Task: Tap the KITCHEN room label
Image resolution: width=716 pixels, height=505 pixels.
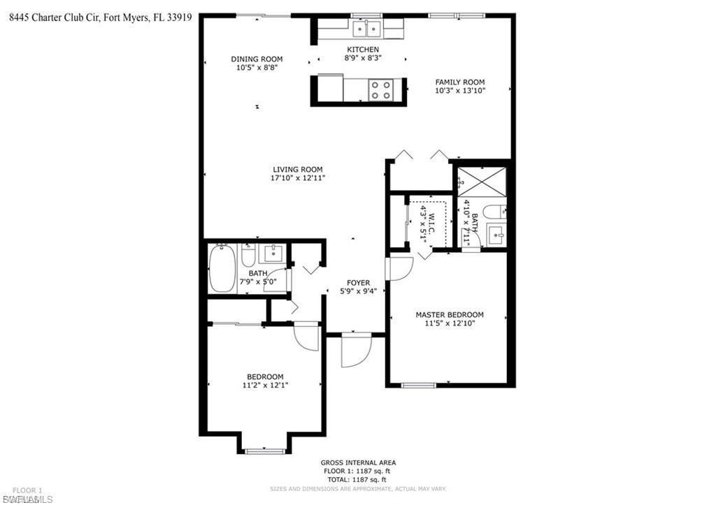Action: click(x=362, y=50)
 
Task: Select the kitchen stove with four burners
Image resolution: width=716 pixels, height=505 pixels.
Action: click(x=381, y=89)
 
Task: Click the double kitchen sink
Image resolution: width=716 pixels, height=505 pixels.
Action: click(x=366, y=29)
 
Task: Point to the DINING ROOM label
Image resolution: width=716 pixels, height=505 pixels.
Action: click(x=257, y=59)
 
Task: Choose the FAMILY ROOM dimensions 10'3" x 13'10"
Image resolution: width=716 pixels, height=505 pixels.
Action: click(x=459, y=91)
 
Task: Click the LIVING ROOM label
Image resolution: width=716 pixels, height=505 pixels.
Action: click(x=297, y=169)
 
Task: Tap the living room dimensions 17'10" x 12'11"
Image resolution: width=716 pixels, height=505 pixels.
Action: click(x=297, y=178)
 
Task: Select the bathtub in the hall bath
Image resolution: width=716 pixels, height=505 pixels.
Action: click(x=222, y=268)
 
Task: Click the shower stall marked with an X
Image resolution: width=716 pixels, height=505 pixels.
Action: click(x=481, y=180)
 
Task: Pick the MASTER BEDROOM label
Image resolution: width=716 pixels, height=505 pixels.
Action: click(x=449, y=315)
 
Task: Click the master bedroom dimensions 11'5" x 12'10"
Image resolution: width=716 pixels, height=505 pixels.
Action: click(x=449, y=324)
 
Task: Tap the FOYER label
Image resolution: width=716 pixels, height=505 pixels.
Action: click(x=358, y=283)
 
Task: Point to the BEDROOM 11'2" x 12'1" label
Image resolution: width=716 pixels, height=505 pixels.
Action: click(x=264, y=381)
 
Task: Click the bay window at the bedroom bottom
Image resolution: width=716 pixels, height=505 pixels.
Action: click(x=265, y=451)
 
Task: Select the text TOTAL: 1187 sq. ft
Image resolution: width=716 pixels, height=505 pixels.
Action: click(x=358, y=480)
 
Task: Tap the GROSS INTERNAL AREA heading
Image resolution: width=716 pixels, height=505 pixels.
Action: click(x=358, y=462)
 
